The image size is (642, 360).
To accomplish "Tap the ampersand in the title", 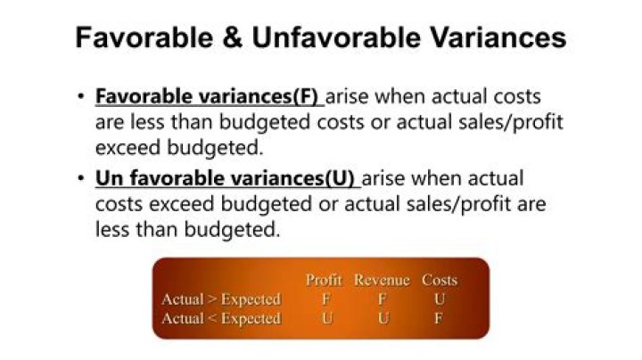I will [235, 38].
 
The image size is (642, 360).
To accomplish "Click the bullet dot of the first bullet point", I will [80, 97].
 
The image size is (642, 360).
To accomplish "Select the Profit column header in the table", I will [325, 280].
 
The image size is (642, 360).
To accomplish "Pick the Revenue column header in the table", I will [382, 280].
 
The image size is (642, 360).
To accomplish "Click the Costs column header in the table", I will [439, 280].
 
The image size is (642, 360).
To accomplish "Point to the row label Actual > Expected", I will [221, 299].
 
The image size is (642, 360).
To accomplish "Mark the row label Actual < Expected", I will [221, 318].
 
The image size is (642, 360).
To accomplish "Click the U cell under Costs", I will [439, 299].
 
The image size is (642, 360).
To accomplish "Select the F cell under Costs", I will [439, 318].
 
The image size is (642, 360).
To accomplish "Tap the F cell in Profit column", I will [325, 299].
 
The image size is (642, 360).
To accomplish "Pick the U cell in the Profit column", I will [325, 318].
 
